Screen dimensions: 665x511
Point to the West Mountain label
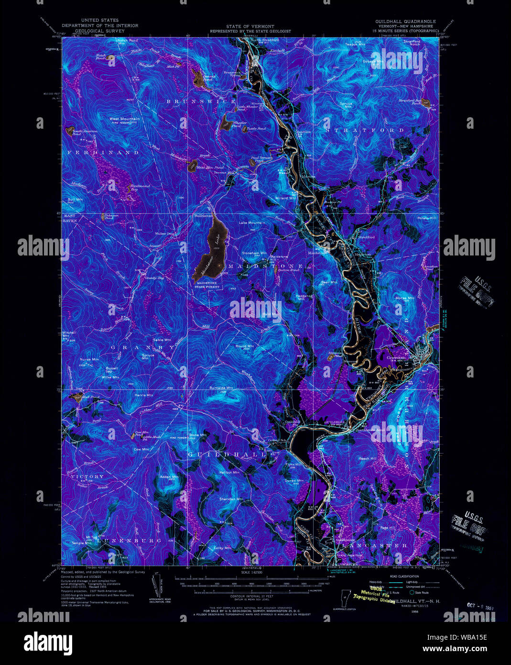click(x=124, y=119)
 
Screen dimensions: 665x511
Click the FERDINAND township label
click(x=103, y=152)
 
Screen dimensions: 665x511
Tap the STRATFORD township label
click(x=365, y=130)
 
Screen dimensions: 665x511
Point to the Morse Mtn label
click(x=405, y=298)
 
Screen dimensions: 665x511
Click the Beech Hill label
click(x=368, y=458)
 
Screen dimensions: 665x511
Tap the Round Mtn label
click(x=244, y=346)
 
